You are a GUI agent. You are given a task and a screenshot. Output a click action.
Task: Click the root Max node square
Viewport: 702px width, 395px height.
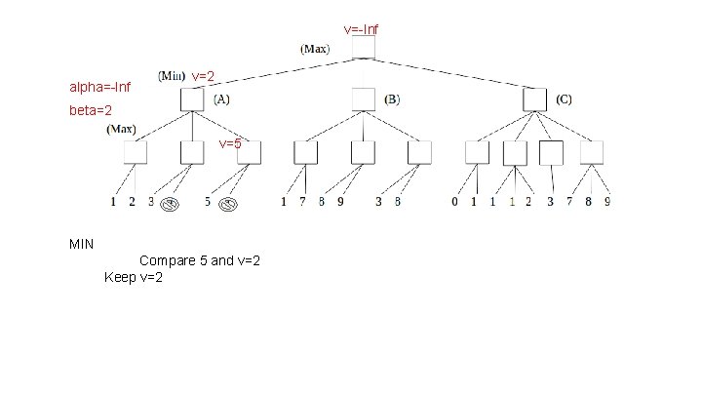363,49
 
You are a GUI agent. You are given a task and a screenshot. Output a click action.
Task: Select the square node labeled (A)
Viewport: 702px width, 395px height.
191,99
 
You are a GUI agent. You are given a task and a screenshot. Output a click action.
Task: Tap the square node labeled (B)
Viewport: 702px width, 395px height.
363,99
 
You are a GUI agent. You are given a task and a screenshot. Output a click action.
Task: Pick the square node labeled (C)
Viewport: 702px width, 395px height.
534,99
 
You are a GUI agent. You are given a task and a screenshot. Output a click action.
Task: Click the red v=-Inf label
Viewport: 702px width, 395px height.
361,30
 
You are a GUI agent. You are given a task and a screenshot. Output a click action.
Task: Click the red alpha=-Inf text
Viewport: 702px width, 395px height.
98,88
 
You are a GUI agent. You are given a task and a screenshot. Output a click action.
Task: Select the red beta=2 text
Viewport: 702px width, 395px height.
90,111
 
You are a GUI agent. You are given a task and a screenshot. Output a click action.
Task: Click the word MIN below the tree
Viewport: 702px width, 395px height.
82,243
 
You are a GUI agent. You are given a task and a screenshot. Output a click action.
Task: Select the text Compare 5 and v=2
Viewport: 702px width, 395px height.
199,260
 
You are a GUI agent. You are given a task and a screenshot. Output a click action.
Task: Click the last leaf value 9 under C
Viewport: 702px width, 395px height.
606,203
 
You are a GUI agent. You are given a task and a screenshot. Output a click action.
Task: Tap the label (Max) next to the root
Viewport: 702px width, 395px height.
315,48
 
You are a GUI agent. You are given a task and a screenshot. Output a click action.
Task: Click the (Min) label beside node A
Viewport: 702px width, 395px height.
172,75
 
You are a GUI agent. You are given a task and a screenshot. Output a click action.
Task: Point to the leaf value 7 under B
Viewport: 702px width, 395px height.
304,203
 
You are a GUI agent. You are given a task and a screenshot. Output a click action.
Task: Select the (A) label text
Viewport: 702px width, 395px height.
221,99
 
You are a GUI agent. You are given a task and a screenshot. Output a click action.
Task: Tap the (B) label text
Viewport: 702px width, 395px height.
392,99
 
